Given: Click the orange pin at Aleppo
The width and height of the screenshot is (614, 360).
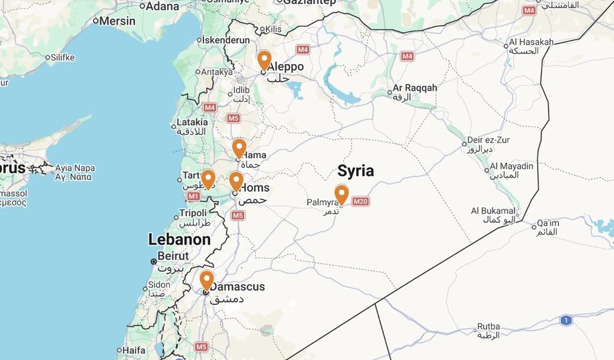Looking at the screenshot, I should click(264, 60).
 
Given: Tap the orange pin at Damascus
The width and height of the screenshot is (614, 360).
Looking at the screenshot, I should click(206, 280).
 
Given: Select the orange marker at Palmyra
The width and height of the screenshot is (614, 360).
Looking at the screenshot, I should click(341, 194).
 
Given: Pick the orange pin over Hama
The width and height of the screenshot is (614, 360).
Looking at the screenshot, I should click(239, 149).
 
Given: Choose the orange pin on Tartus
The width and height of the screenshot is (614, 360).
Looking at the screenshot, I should click(208, 179).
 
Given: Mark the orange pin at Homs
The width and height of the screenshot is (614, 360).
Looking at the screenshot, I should click(235, 181).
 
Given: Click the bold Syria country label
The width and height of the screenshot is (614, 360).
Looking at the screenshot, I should click(355, 171).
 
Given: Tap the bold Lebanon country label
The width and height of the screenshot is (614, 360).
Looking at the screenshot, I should click(179, 239).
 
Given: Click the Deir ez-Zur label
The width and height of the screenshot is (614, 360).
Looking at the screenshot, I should click(488, 140).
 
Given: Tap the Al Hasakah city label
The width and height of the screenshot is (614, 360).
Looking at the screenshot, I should click(531, 42).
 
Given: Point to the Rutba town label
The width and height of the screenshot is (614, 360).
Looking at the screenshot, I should click(488, 327).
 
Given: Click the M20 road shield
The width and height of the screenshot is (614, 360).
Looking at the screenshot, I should click(361, 201).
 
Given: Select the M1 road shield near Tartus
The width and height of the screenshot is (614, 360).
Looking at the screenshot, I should click(193, 196).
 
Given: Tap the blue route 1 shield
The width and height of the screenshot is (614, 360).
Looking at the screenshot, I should click(566, 320).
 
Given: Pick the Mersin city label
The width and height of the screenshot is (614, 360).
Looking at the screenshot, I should click(117, 21).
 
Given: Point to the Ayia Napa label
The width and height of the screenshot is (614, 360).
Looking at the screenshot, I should click(75, 168).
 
